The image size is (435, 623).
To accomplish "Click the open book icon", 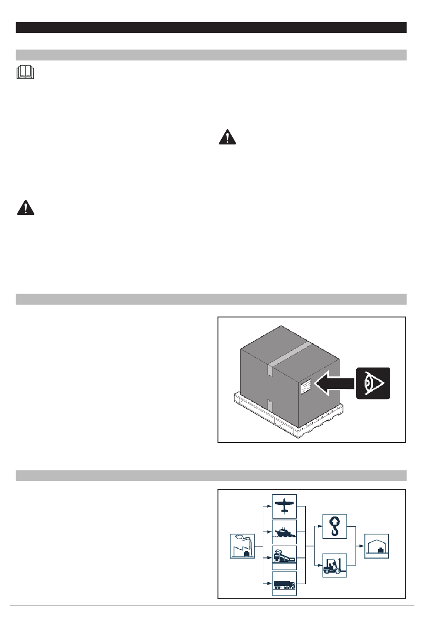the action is (x=26, y=73).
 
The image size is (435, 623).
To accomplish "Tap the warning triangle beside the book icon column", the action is (x=26, y=208).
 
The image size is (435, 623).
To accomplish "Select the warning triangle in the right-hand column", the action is (x=227, y=137).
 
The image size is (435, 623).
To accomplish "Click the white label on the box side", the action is (x=306, y=387).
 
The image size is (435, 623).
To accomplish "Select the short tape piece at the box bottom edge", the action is (x=270, y=405).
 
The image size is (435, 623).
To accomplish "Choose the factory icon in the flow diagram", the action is (x=242, y=546).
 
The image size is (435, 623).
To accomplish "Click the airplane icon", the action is (x=284, y=506).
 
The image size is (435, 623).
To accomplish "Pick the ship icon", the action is (x=284, y=532).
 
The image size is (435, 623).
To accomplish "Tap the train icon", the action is (x=284, y=557).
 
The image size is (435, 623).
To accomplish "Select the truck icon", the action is (x=284, y=583).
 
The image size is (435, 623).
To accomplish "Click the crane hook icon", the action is (x=335, y=526).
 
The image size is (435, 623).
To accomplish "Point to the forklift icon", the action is (x=335, y=566).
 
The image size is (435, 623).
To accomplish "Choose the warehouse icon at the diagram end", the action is (x=376, y=546).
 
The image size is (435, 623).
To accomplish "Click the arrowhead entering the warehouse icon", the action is (x=362, y=546).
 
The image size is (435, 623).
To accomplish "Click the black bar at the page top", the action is (x=211, y=27).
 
